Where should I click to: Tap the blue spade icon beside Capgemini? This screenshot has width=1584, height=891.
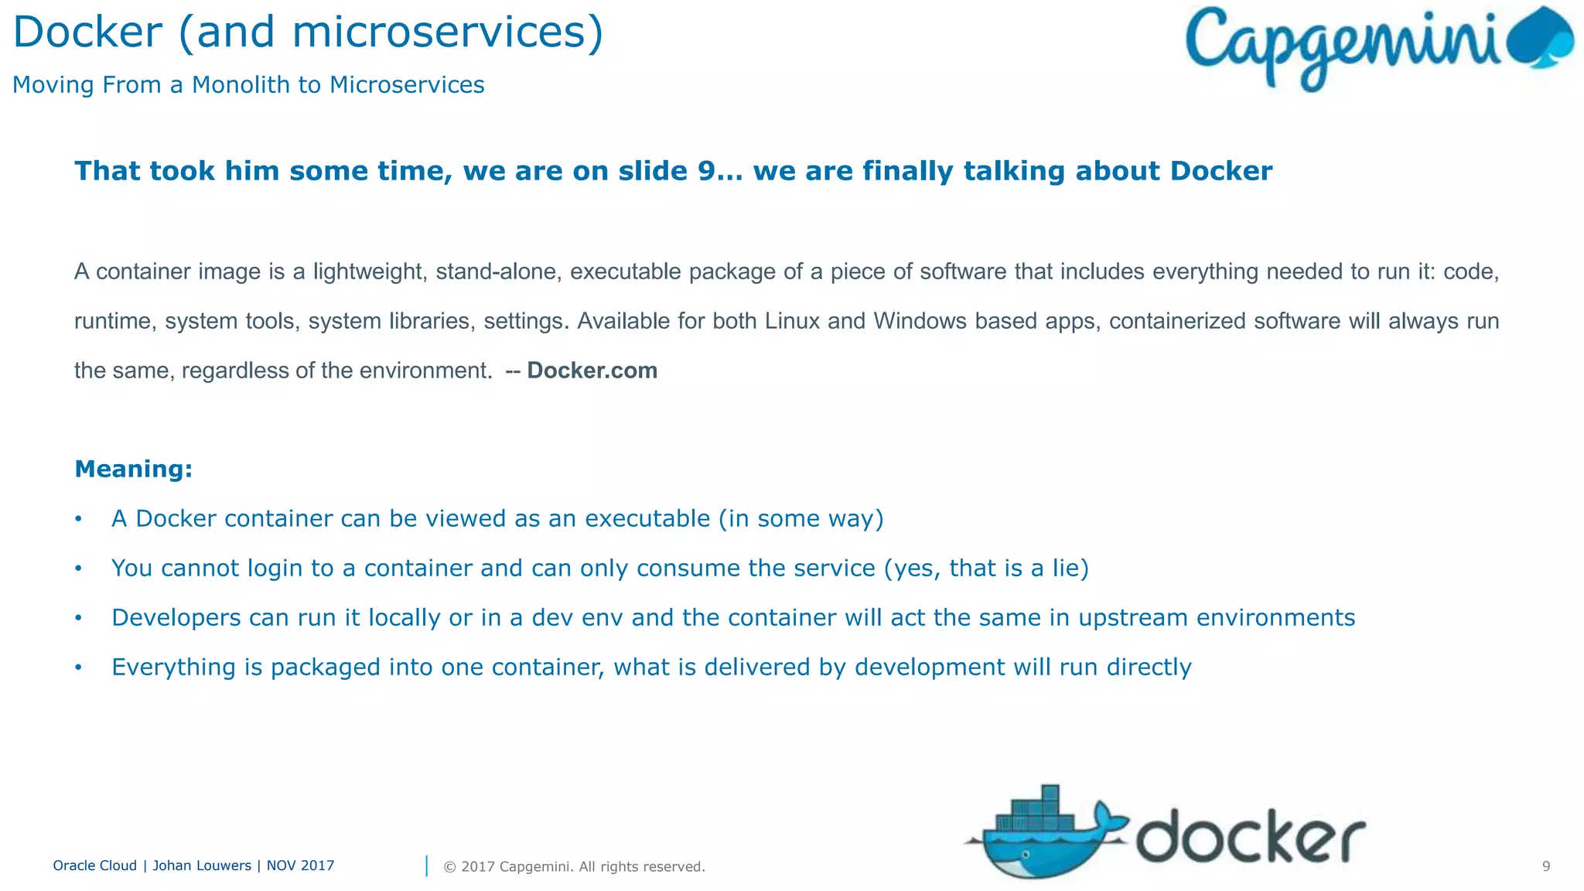[1541, 39]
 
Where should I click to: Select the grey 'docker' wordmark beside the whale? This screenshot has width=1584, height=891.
[1250, 837]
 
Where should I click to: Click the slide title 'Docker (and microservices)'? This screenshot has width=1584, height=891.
[308, 32]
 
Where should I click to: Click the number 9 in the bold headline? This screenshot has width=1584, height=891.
[706, 171]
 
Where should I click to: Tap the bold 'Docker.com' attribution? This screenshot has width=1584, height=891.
[592, 370]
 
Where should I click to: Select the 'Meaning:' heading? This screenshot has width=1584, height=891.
[133, 469]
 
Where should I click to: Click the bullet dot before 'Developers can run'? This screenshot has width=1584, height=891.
[78, 618]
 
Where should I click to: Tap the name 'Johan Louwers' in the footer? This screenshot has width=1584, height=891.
[202, 865]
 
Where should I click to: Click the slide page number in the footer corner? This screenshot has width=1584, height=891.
[1546, 866]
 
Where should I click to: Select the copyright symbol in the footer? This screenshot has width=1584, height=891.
[449, 867]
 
